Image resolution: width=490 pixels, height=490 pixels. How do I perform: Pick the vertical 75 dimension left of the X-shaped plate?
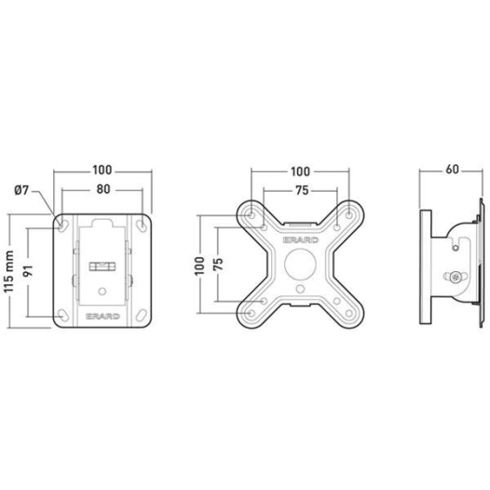[221, 264]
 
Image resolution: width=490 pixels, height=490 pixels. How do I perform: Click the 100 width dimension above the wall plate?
[102, 170]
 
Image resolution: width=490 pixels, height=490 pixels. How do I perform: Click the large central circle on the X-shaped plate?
[299, 265]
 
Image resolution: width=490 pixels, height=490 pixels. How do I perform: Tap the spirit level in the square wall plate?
[101, 266]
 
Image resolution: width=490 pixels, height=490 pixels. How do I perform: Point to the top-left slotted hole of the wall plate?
[61, 225]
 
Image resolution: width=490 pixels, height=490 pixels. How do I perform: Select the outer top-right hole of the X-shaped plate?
[349, 214]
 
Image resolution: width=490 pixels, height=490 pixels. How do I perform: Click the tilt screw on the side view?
[455, 278]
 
